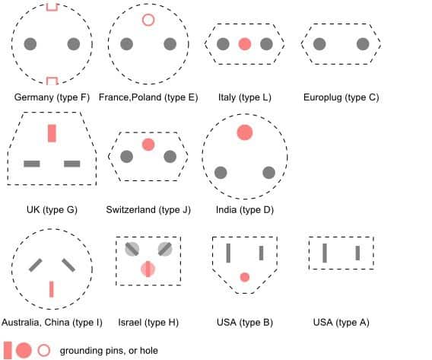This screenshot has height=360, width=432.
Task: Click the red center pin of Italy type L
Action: pos(245,44)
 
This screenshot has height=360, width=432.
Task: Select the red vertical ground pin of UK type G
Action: pos(52,133)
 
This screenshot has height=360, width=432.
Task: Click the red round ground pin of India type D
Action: pos(245,132)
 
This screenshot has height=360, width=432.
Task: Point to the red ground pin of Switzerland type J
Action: pos(148,145)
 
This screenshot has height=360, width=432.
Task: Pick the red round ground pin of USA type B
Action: pos(245,277)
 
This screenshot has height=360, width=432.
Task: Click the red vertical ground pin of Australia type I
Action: pos(51,289)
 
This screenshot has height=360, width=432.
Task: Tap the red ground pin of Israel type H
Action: pos(148,269)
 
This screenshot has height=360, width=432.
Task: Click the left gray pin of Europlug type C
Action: pos(319,44)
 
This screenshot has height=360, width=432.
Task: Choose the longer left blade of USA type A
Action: pos(325,253)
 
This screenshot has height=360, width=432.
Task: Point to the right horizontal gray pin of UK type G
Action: pos(72,164)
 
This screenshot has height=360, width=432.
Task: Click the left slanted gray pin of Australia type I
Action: pos(36,265)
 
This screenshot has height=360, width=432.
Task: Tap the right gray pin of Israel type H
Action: pos(165,249)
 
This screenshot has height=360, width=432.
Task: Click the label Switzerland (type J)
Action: pos(148,210)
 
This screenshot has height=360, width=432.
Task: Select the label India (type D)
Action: pos(245,210)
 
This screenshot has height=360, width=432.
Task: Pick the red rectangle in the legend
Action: pos(8,350)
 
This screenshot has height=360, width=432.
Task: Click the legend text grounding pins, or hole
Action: pos(109,351)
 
